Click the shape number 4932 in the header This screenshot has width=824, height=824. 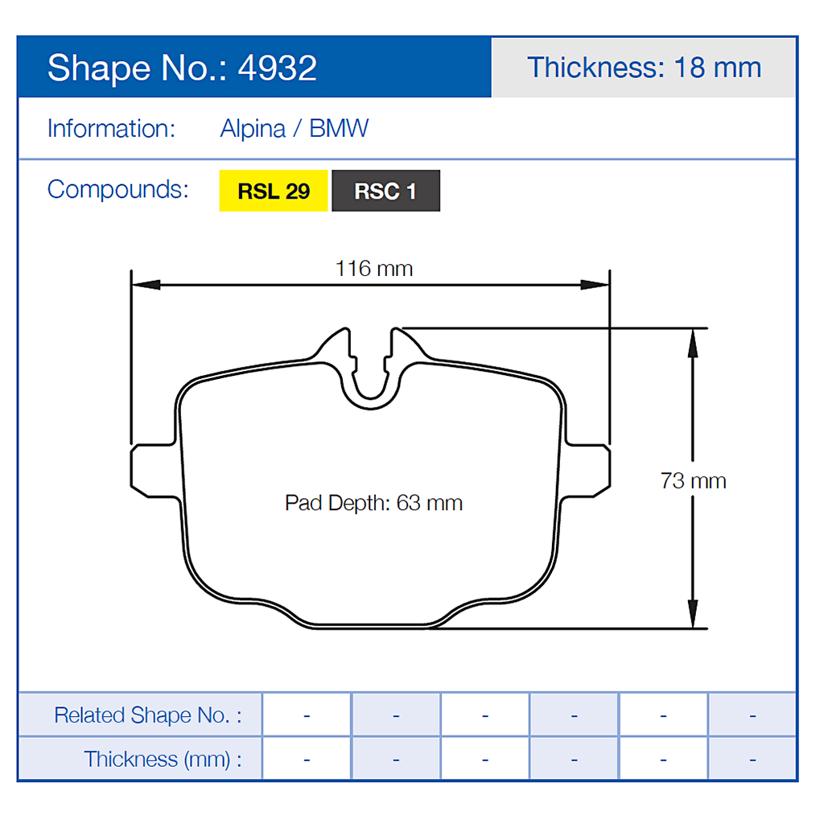[x=278, y=68]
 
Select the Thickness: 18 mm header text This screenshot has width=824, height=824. [x=644, y=68]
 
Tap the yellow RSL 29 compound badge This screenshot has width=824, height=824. [x=274, y=192]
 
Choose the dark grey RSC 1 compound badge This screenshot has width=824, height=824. [x=385, y=192]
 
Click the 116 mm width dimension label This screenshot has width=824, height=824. [x=374, y=269]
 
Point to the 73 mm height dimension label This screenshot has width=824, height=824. [x=693, y=481]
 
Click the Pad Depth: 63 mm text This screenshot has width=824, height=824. [x=373, y=504]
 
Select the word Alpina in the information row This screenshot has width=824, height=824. [x=253, y=129]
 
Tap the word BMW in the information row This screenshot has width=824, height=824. [x=339, y=129]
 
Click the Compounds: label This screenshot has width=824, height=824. [x=118, y=190]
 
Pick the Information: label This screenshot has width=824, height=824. [x=111, y=129]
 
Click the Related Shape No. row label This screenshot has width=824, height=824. [x=147, y=715]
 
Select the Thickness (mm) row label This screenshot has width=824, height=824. [x=163, y=759]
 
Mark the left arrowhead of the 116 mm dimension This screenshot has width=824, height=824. [x=146, y=284]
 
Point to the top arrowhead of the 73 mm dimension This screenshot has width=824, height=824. [x=691, y=341]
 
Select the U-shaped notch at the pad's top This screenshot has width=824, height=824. [x=371, y=374]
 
